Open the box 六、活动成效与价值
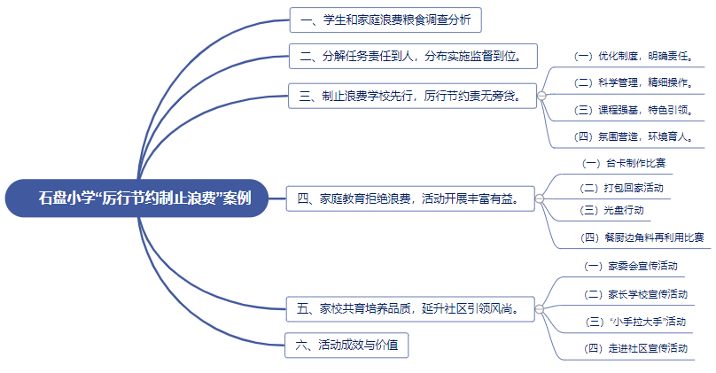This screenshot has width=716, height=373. tap(346, 345)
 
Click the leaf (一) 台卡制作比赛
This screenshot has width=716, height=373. tap(624, 164)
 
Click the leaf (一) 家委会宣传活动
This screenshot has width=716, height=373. tap(632, 266)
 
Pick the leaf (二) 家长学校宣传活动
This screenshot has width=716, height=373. tap(636, 293)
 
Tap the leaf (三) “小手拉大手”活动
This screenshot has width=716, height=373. tap(636, 321)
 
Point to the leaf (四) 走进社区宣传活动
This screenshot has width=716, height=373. tap(636, 348)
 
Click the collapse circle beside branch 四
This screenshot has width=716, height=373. tap(540, 198)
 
